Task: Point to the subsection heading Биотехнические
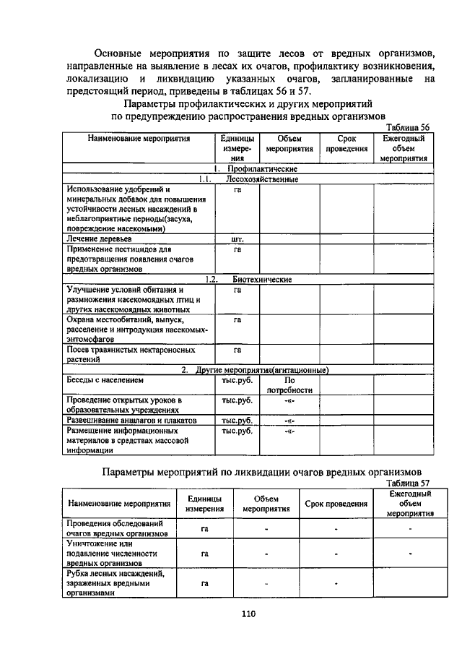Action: [x=261, y=279]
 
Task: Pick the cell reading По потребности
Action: [x=289, y=384]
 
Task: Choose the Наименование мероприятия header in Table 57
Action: [x=119, y=503]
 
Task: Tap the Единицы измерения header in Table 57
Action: [x=204, y=504]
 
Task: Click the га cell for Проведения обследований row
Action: [x=205, y=529]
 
